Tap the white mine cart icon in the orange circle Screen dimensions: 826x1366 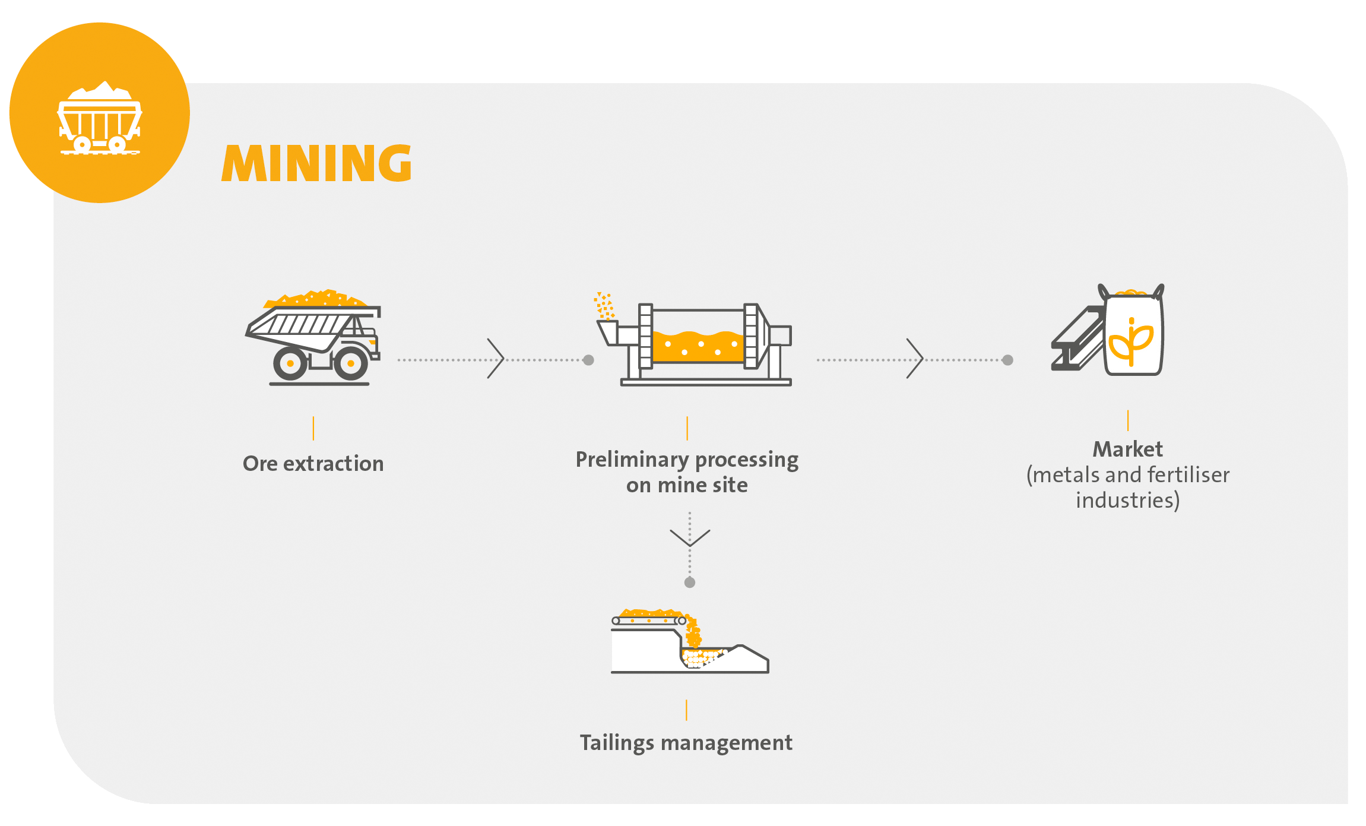tap(100, 119)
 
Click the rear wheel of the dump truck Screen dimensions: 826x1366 tap(290, 363)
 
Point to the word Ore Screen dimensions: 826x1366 tap(259, 464)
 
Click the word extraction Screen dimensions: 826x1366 tap(333, 464)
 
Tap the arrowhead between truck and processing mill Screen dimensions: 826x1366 tap(497, 359)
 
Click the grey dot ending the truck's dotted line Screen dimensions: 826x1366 tap(588, 360)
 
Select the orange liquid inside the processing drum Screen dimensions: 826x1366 tap(697, 347)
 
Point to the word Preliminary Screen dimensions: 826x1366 tap(632, 460)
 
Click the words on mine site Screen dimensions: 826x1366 tap(687, 486)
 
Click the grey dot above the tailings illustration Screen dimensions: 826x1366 tap(690, 583)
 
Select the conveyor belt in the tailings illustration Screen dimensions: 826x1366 tap(648, 621)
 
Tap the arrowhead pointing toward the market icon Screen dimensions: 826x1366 tap(916, 359)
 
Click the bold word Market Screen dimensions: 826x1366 tap(1127, 450)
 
